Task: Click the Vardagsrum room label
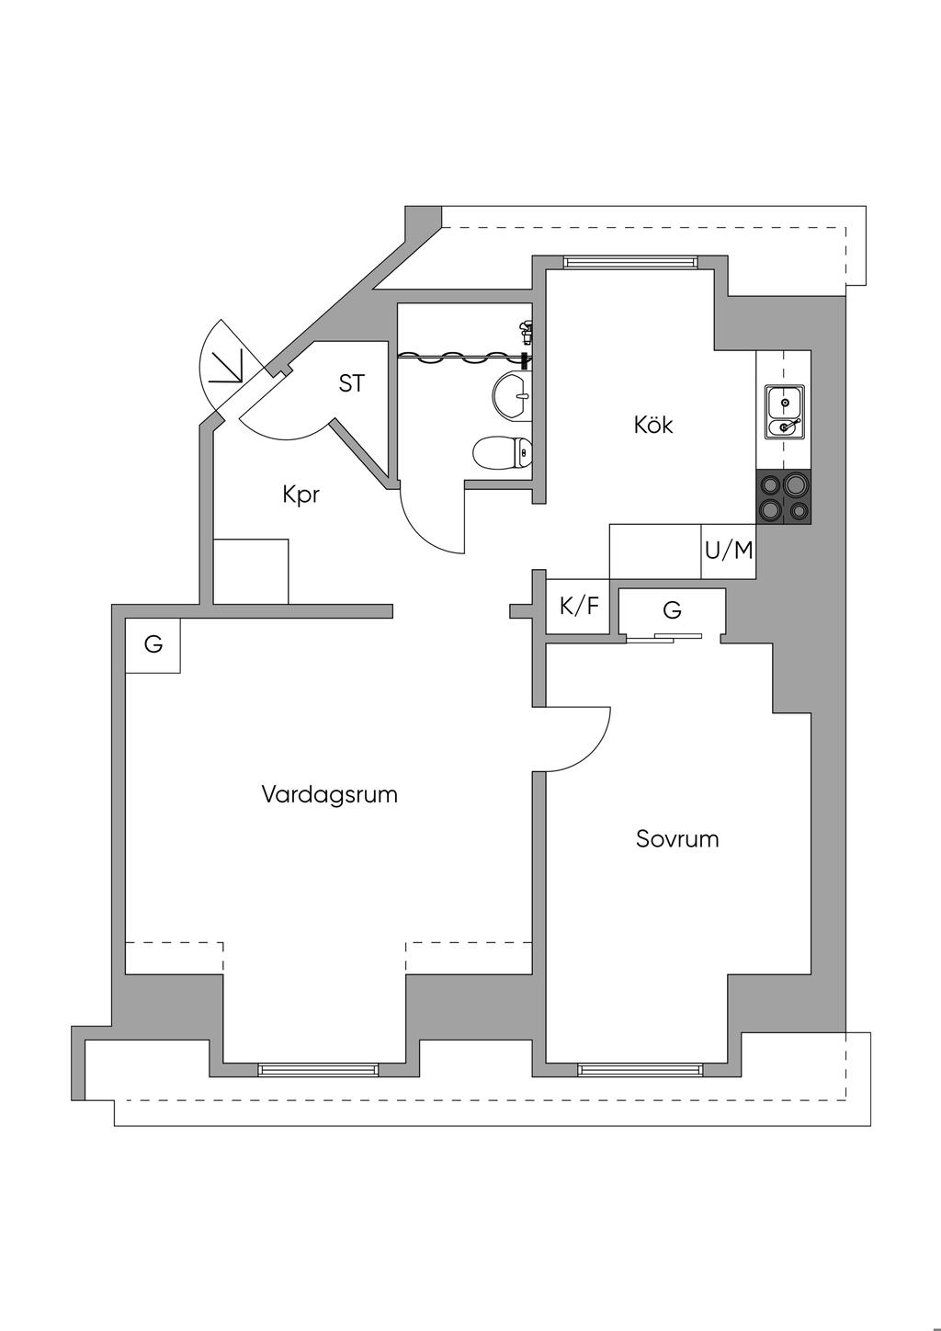tap(329, 794)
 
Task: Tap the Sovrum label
tap(677, 839)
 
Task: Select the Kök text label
tap(653, 425)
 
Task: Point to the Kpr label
tap(301, 495)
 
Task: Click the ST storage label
tap(351, 384)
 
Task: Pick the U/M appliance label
tap(729, 551)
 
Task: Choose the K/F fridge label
tap(579, 607)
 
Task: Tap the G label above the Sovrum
tap(672, 610)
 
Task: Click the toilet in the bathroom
tap(502, 452)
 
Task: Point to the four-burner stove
tap(784, 497)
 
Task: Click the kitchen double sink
tap(784, 412)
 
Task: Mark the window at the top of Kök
tap(629, 262)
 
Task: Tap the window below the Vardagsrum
tap(318, 1069)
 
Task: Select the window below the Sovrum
tap(640, 1069)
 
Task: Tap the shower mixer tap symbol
tap(526, 328)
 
